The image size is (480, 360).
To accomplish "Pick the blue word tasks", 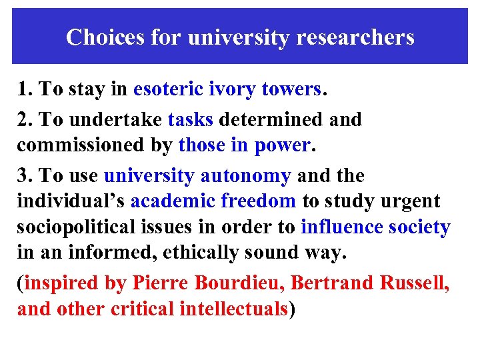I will (191, 120).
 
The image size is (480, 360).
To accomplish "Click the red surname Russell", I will (414, 283).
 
